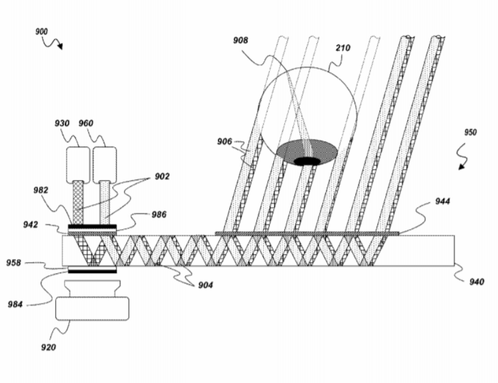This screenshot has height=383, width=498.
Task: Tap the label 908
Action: [x=241, y=40]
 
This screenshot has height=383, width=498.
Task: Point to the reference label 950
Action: [x=471, y=132]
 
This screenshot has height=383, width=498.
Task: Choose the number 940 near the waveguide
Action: [x=476, y=282]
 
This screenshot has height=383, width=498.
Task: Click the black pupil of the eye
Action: [x=307, y=161]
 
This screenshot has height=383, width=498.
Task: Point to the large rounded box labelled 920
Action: [x=92, y=308]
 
